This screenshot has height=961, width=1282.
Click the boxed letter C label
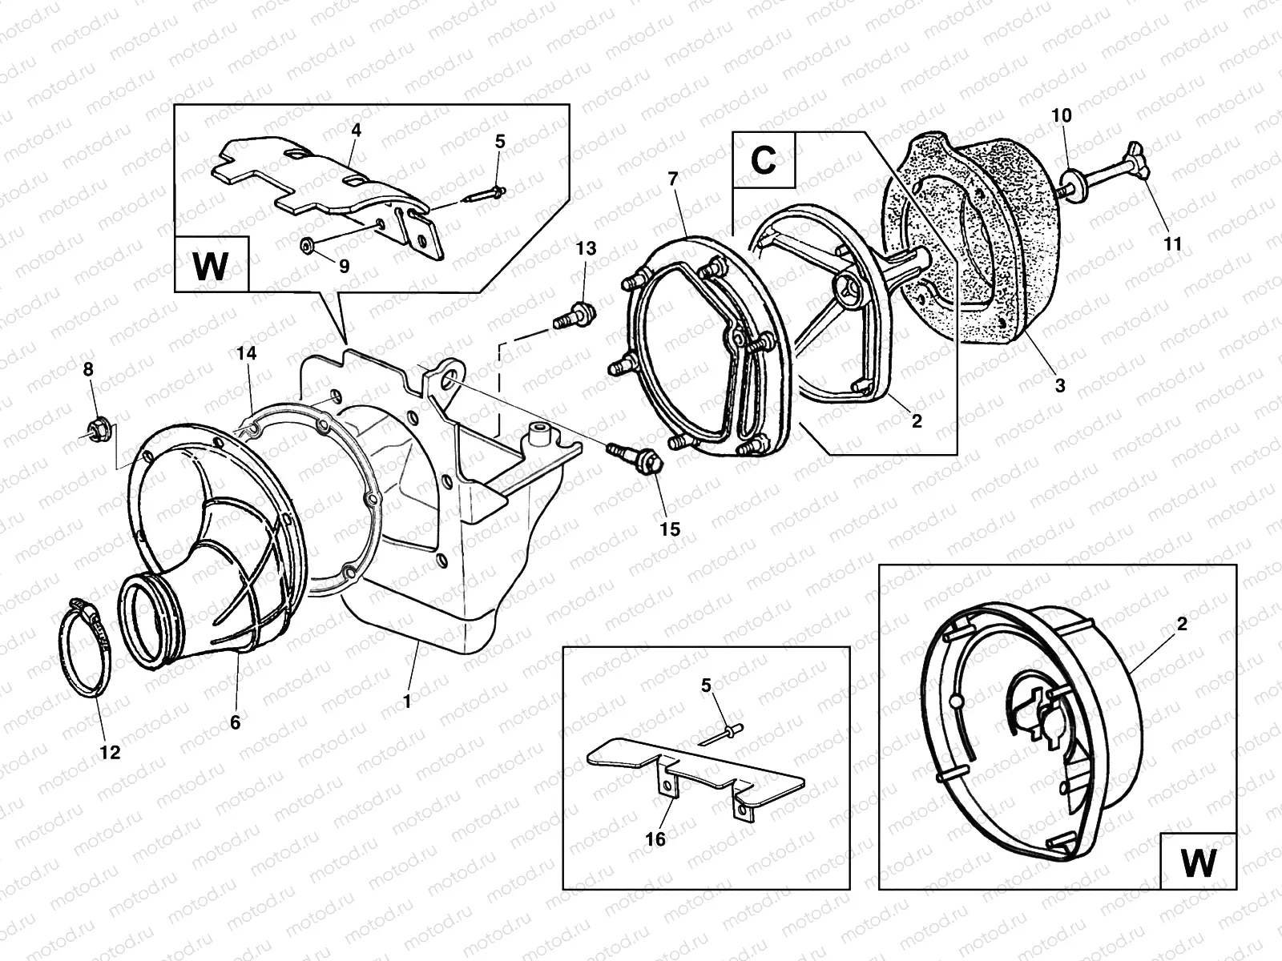click(x=764, y=160)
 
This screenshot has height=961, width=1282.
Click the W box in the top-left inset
click(x=211, y=265)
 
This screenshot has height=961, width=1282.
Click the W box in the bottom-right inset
click(x=1198, y=862)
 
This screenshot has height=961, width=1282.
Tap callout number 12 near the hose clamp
click(x=110, y=752)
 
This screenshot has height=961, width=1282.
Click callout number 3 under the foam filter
click(x=1059, y=386)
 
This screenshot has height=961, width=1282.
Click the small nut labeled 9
click(x=306, y=243)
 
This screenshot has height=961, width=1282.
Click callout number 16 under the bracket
click(x=655, y=838)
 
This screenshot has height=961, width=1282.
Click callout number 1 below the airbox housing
click(x=406, y=702)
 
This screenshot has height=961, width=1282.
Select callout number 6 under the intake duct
click(x=235, y=722)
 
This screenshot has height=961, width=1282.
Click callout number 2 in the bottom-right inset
click(x=1182, y=624)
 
